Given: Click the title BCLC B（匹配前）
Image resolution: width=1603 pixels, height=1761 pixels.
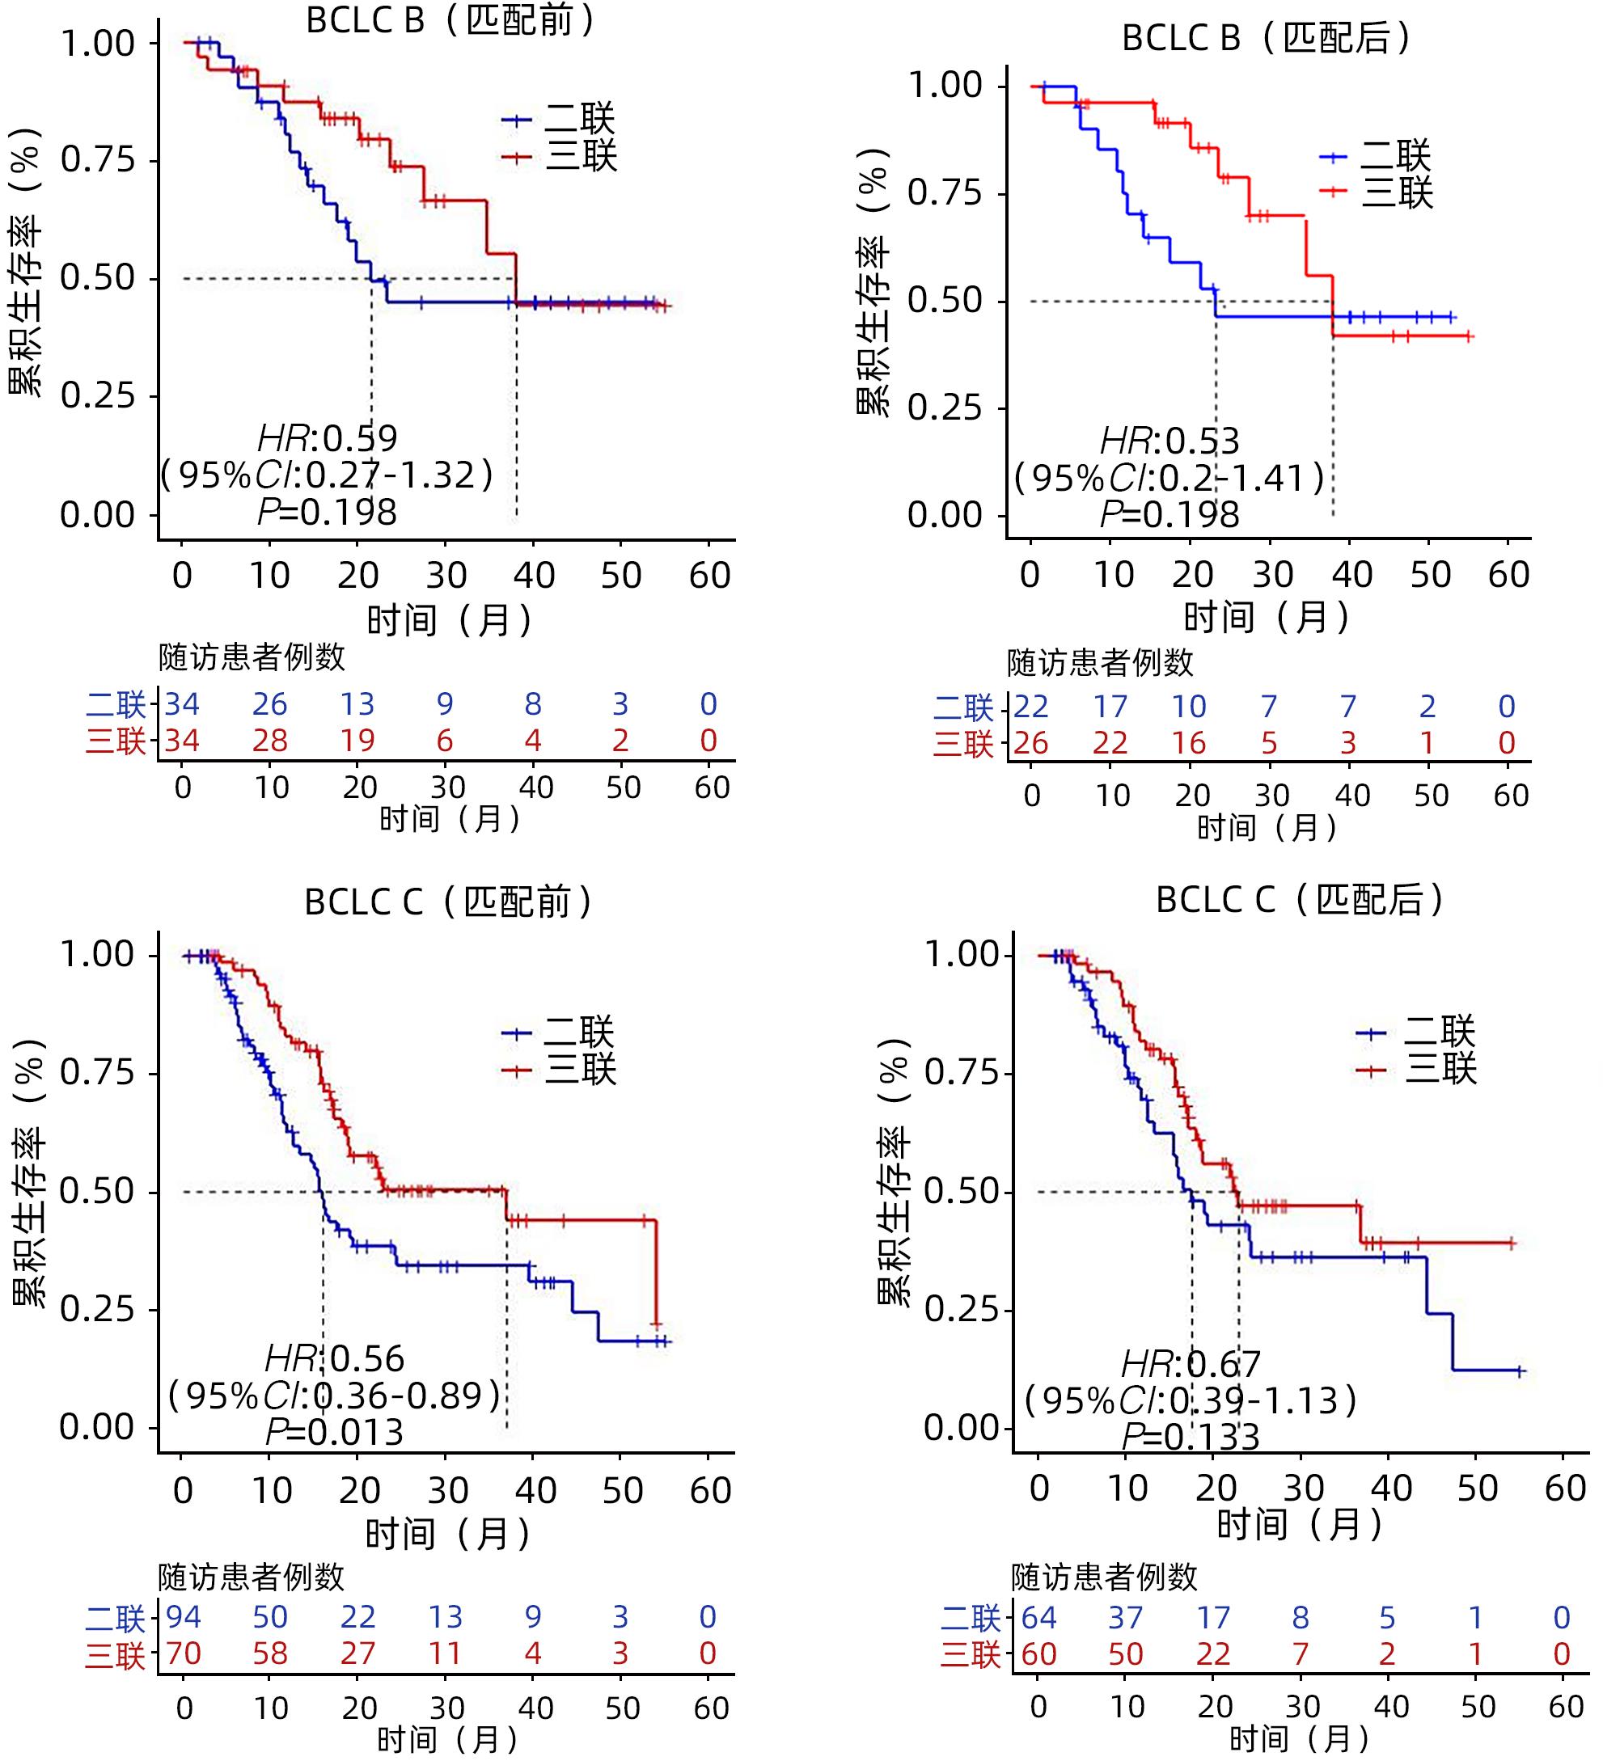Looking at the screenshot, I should pos(450,21).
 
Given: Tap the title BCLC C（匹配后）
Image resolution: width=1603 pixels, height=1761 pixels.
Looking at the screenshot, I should pos(1300,901).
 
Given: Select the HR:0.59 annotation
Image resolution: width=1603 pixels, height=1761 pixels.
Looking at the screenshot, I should pos(328,437).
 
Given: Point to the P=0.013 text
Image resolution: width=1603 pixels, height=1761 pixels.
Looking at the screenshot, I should pos(335,1433).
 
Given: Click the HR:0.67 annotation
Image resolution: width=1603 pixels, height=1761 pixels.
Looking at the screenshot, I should pos(1191,1365).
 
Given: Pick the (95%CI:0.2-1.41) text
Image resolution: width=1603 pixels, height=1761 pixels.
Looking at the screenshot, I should pos(1169,479).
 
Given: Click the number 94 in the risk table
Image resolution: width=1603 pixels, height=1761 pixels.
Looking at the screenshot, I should pos(184,1618).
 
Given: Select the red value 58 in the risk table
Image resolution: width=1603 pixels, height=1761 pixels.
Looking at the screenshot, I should pos(270,1653).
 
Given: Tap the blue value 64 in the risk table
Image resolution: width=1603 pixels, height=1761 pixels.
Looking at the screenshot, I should pos(1038,1618).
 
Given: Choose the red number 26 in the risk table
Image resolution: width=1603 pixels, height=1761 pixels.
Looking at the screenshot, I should pos(1031,743).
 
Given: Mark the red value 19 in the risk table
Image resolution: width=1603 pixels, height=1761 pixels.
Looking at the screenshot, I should pos(357,741).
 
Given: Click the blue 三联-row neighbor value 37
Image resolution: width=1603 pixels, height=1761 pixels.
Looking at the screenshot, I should pos(1125,1618).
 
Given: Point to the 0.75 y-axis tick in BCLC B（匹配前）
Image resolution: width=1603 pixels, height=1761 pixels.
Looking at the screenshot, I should pos(98,160).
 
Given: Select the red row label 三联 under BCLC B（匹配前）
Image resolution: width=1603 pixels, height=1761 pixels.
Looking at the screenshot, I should pos(116,741).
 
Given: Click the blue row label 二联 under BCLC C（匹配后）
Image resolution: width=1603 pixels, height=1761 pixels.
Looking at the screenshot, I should pos(971,1618).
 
